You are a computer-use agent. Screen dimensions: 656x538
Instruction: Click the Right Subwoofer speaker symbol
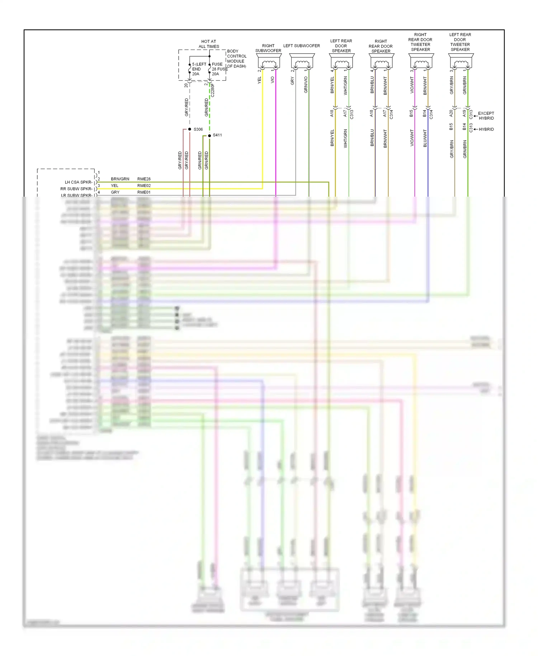tap(269, 61)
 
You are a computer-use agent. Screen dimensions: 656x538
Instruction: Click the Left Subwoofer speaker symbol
tap(302, 61)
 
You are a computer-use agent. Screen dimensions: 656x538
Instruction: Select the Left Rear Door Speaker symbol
tap(341, 61)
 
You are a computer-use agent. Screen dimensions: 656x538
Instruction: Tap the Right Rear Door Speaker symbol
tap(381, 61)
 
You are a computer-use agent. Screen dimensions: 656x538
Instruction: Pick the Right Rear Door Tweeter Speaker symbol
tap(421, 61)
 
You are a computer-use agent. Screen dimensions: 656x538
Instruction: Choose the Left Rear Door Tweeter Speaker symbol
tap(461, 61)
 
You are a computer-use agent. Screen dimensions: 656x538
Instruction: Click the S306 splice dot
tap(190, 129)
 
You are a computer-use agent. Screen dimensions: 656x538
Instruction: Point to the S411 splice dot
tap(209, 136)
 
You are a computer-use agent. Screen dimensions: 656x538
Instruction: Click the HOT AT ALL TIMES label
tap(209, 44)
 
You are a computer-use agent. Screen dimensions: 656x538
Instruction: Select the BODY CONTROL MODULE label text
tap(237, 58)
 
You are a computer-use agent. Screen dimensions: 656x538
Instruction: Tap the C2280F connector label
tap(213, 90)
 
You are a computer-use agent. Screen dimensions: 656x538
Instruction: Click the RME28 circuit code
tap(144, 179)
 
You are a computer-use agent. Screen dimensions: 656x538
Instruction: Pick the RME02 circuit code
tap(144, 186)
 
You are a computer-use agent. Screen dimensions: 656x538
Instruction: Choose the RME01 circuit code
tap(144, 192)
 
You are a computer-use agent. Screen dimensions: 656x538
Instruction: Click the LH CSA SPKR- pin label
tap(78, 182)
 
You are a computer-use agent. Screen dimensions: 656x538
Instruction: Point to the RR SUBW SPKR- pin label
tap(76, 189)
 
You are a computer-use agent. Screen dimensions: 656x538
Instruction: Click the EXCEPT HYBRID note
tap(486, 116)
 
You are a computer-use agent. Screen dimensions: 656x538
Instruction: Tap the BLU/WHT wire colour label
tap(425, 138)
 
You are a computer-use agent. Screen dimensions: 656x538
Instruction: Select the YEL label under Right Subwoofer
tap(259, 80)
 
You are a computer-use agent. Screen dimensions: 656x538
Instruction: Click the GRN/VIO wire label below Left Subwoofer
tap(306, 85)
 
